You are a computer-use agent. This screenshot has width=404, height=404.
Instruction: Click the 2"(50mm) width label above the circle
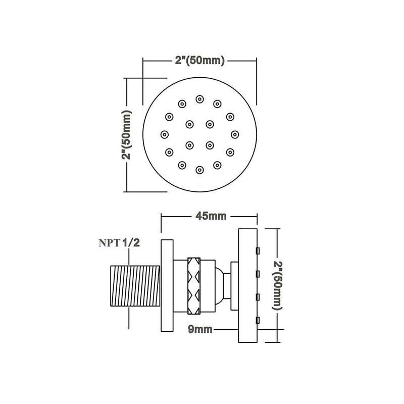[199, 61]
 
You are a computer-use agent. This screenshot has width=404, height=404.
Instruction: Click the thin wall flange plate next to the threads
[167, 285]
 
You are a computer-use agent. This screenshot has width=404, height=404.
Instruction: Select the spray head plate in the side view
[247, 285]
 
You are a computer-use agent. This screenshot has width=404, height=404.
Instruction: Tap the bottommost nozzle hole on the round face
[200, 171]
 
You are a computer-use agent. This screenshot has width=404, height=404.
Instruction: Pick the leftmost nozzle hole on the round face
[164, 134]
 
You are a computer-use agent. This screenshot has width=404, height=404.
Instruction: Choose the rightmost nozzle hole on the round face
[235, 134]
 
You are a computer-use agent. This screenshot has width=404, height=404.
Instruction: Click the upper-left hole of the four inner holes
[189, 123]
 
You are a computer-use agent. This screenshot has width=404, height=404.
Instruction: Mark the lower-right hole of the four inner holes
[210, 145]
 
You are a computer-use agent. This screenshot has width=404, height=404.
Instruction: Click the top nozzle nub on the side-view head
[258, 250]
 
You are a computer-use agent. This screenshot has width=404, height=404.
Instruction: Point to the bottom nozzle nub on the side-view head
[258, 319]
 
